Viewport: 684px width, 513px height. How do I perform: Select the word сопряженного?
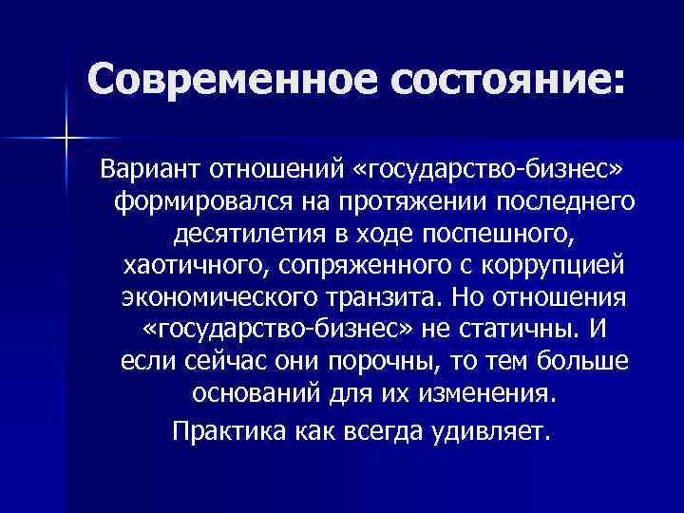[x=348, y=265]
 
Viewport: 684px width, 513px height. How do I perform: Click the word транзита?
[x=384, y=296]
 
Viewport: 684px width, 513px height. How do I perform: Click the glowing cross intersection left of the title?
[x=67, y=139]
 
